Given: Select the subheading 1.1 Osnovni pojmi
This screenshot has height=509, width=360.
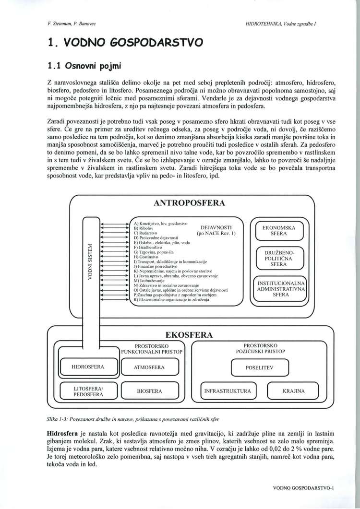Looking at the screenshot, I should tap(85, 64).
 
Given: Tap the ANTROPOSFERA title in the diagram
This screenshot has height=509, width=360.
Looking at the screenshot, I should tap(189, 203).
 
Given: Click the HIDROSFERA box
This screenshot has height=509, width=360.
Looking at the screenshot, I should tap(88, 367).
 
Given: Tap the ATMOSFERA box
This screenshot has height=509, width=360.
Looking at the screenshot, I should tap(149, 367).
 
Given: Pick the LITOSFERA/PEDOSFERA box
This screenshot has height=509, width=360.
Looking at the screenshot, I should tap(89, 391).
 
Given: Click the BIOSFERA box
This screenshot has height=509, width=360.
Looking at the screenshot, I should tap(149, 391).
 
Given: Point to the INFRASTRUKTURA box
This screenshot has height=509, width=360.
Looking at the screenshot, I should tap(227, 391).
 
